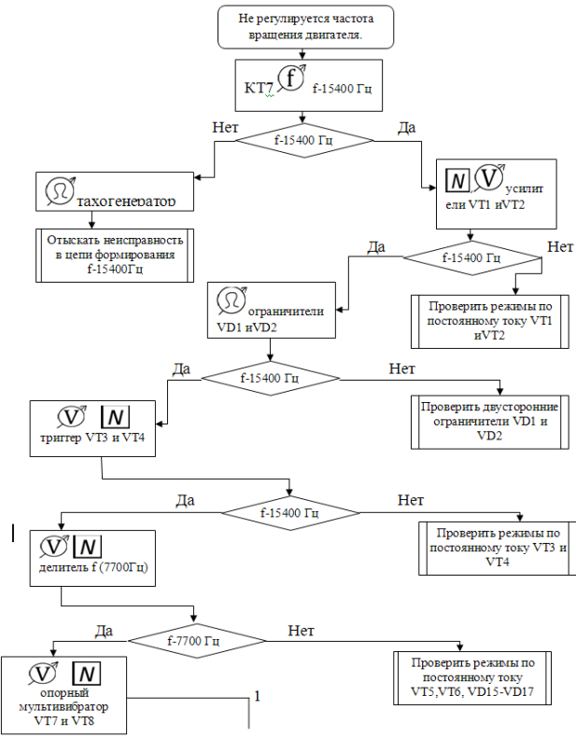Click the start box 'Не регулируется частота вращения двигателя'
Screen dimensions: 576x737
pyautogui.click(x=305, y=27)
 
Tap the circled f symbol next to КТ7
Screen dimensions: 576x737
pyautogui.click(x=291, y=78)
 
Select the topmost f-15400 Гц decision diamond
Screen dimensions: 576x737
pyautogui.click(x=304, y=140)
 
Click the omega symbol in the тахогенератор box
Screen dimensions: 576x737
pyautogui.click(x=60, y=191)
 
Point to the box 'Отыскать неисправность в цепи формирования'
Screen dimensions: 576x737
pyautogui.click(x=115, y=256)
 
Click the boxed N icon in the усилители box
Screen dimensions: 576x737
pyautogui.click(x=457, y=180)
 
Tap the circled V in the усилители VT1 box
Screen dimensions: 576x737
pyautogui.click(x=488, y=178)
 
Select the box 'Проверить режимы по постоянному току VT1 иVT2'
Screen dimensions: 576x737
pyautogui.click(x=489, y=322)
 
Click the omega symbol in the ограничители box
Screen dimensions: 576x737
pyautogui.click(x=232, y=300)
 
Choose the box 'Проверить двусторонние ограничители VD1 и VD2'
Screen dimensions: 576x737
pyautogui.click(x=489, y=422)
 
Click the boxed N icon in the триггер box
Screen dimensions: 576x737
pyautogui.click(x=115, y=417)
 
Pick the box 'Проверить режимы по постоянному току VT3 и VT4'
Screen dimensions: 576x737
pyautogui.click(x=497, y=548)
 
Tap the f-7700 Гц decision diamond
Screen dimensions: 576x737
pyautogui.click(x=198, y=641)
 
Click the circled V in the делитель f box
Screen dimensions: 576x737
pyautogui.click(x=54, y=547)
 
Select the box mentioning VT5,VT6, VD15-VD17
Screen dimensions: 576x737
pyautogui.click(x=472, y=678)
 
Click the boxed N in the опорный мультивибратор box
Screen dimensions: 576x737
pyautogui.click(x=87, y=674)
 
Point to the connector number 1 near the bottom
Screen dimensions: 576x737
pyautogui.click(x=258, y=696)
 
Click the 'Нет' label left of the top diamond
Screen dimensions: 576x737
pyautogui.click(x=225, y=128)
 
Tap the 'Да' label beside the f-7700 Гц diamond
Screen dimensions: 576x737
pyautogui.click(x=104, y=631)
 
